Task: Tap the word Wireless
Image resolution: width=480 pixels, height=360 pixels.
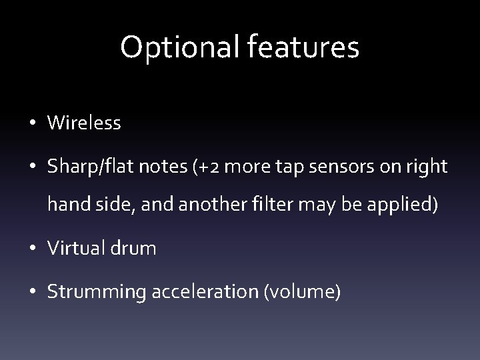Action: click(x=84, y=123)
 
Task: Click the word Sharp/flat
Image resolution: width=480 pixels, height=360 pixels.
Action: click(x=89, y=167)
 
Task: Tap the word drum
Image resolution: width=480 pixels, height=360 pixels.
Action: click(x=136, y=249)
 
